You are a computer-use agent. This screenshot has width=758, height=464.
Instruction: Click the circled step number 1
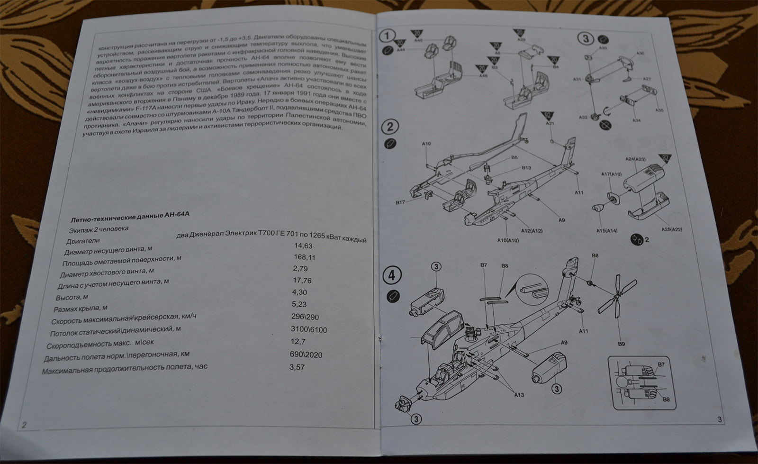[x=388, y=36]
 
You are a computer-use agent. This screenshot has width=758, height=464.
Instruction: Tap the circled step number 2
[x=390, y=127]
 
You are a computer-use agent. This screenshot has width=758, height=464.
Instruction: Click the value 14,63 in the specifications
[x=303, y=246]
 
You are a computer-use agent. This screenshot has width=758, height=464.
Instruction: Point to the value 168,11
[x=304, y=257]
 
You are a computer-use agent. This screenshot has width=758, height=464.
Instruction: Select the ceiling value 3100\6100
[x=308, y=329]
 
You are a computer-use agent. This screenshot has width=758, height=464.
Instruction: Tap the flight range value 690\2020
[x=306, y=355]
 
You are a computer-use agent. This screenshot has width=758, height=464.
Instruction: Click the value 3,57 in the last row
[x=297, y=367]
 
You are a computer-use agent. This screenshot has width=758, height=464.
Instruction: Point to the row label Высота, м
[x=72, y=298]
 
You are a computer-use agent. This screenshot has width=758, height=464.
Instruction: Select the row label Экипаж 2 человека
[x=98, y=228]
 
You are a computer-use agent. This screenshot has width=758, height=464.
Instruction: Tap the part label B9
[x=621, y=344]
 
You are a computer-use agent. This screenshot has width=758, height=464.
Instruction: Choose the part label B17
[x=400, y=202]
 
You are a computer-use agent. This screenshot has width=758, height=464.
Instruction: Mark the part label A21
[x=550, y=123]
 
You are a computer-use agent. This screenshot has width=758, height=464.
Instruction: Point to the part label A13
[x=519, y=394]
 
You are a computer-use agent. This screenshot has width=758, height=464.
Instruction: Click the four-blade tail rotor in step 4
[x=615, y=297]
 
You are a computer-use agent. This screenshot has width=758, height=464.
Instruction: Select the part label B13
[x=526, y=168]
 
